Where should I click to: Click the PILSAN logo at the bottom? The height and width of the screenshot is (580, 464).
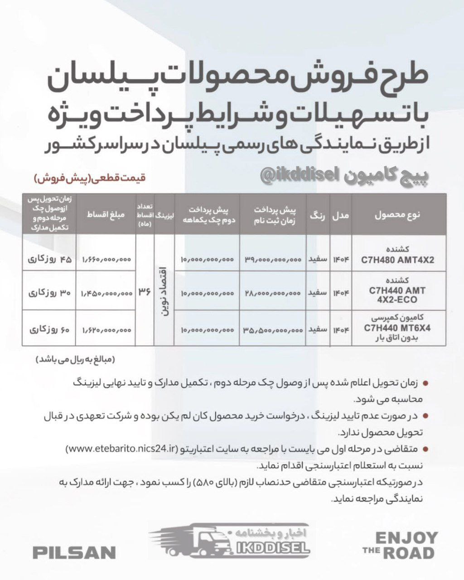coord(74,552)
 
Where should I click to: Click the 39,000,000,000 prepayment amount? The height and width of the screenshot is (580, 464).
coord(273,260)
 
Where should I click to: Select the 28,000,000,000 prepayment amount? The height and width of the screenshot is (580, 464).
coord(273,294)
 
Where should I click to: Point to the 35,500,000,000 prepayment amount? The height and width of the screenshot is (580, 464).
coord(273,330)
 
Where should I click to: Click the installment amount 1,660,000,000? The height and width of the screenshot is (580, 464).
coord(107,260)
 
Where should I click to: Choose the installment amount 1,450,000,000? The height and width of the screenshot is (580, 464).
coord(107,294)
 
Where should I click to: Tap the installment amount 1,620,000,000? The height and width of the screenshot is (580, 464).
coord(107,330)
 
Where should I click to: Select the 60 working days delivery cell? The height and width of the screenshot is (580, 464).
coord(49,330)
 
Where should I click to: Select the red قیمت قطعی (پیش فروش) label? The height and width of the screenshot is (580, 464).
coord(89,179)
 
